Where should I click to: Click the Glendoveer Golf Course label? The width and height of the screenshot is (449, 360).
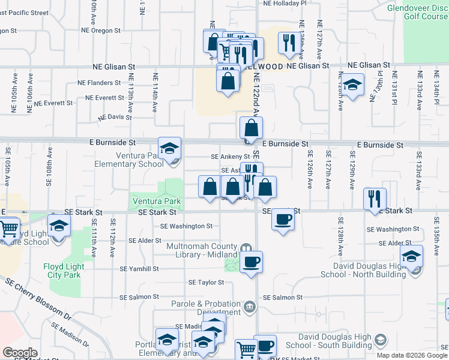(417, 13)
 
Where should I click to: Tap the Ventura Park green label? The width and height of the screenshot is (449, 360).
(155, 201)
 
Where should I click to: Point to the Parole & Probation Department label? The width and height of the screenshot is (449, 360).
(206, 308)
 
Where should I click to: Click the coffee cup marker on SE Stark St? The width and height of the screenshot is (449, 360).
(283, 219)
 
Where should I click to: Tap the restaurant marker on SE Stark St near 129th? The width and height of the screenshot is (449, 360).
(375, 199)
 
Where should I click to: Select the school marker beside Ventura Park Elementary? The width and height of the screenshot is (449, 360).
(170, 148)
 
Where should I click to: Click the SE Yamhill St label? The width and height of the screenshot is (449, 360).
(139, 269)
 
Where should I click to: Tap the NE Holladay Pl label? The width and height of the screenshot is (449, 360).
(285, 3)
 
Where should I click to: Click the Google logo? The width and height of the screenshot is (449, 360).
(20, 352)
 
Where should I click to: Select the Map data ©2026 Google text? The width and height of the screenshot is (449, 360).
(412, 355)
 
